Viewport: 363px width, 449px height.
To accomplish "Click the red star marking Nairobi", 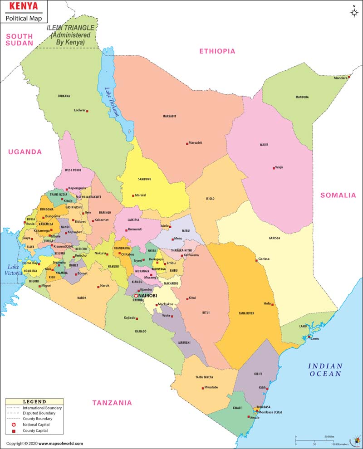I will (136, 296).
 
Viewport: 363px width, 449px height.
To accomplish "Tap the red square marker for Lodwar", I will (87, 111).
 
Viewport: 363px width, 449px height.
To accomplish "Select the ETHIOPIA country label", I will (217, 51).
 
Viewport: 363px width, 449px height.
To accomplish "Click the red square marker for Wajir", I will (273, 167).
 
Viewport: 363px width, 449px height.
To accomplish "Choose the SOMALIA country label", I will (338, 195).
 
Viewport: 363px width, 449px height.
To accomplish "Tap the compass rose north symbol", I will (354, 12).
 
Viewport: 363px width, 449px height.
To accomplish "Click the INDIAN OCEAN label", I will (325, 370).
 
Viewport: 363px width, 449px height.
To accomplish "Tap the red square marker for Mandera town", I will (349, 77).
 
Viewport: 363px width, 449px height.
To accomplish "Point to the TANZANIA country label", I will (112, 402).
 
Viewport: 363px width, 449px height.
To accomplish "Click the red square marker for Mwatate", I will (202, 387).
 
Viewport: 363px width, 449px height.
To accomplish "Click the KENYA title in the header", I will (21, 7).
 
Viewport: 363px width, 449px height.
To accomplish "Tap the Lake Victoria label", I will (13, 270).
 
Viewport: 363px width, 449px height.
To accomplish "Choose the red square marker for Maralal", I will (133, 195).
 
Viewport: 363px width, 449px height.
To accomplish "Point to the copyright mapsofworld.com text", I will (44, 443).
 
